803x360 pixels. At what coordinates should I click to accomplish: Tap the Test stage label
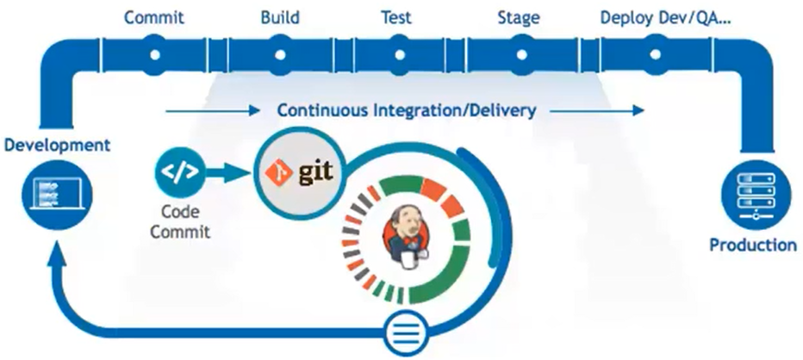[x=396, y=17]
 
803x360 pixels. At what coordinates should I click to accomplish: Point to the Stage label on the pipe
[x=519, y=17]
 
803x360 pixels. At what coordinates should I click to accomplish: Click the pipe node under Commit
[x=155, y=53]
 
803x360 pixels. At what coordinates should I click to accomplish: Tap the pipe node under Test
[x=397, y=53]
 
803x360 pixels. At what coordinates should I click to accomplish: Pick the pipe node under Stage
[x=520, y=53]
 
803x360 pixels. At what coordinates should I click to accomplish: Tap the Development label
[x=57, y=144]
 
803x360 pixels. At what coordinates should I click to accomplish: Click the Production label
[x=753, y=245]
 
